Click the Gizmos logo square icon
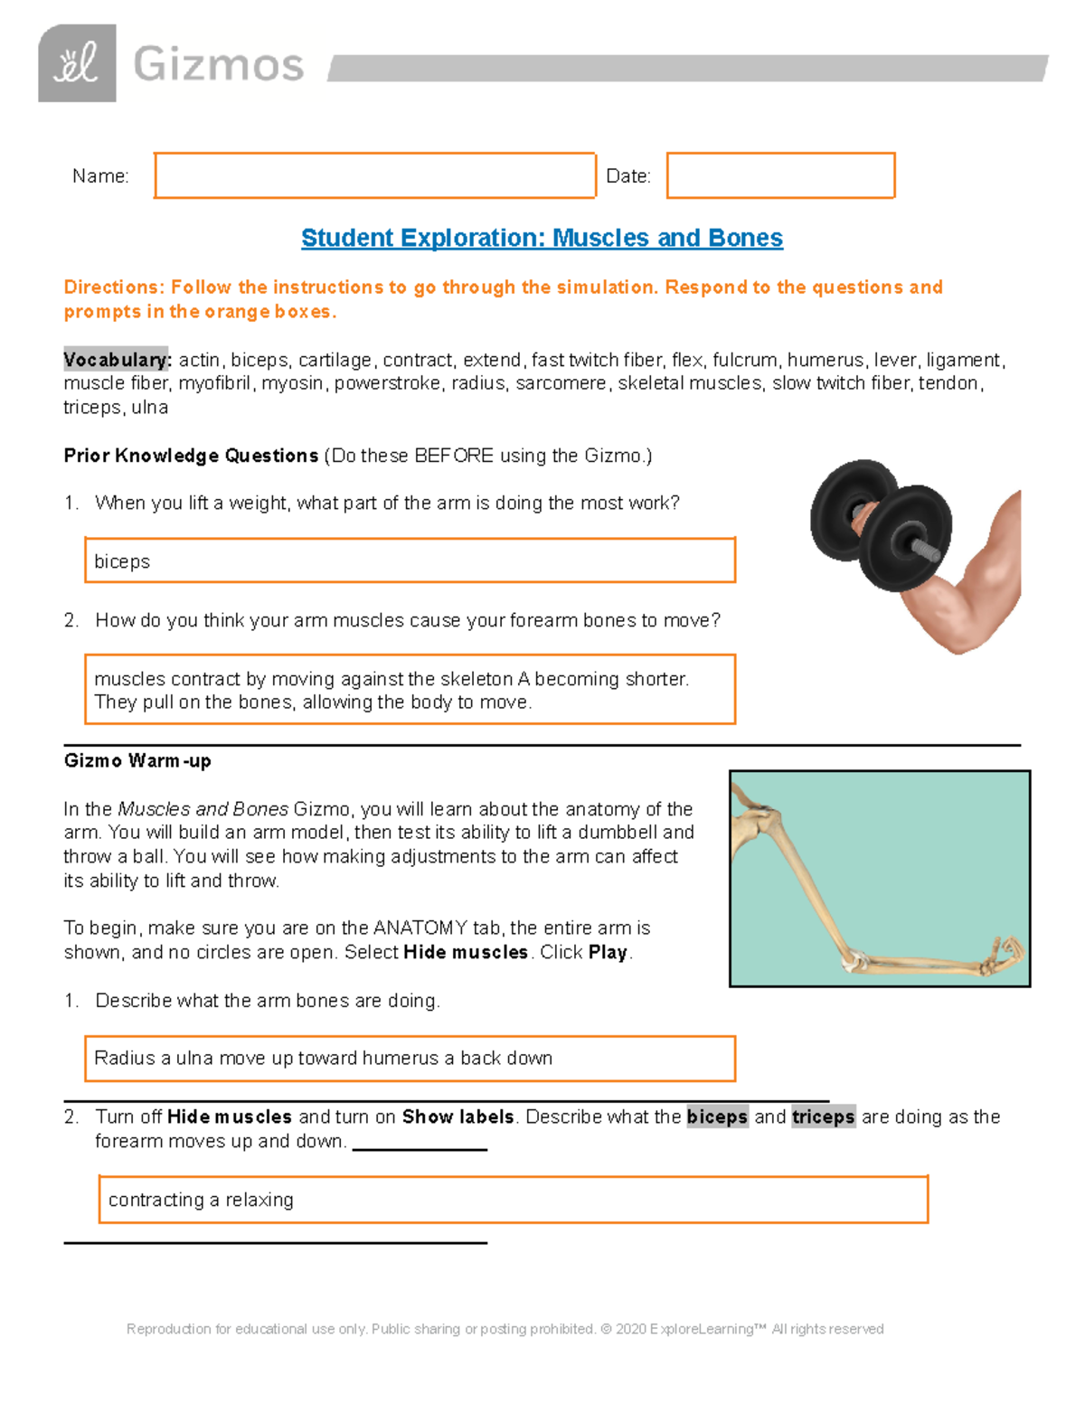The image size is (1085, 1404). point(77,63)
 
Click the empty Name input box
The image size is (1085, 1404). point(374,175)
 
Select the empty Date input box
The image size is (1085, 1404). point(780,175)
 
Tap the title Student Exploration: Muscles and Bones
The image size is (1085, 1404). point(542,238)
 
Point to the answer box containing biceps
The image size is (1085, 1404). point(410,561)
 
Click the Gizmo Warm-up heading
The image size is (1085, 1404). point(137,760)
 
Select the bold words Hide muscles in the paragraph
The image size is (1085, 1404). point(465,952)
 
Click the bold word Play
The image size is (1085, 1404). point(608,952)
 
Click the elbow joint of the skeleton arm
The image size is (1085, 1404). point(854,960)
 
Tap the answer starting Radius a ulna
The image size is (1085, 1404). point(410,1059)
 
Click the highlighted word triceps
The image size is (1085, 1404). point(823,1117)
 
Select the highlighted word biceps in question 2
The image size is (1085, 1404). point(717,1117)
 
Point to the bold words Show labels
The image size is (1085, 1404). point(458,1117)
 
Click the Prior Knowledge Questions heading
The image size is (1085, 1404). point(191,456)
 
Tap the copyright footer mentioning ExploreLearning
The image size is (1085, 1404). point(505,1329)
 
